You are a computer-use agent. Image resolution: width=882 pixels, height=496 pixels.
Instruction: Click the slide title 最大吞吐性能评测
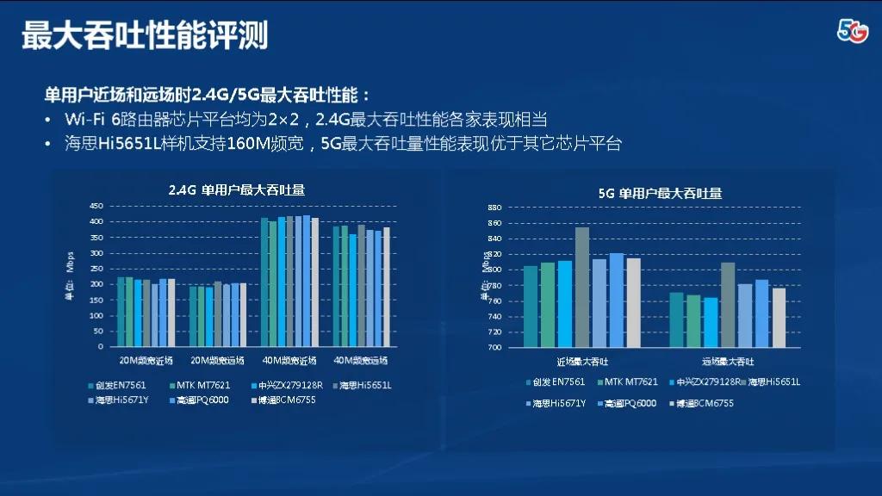145,36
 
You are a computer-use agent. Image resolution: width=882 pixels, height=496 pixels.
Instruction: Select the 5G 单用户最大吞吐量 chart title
660,193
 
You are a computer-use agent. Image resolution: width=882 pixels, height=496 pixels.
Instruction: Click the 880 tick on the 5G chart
494,208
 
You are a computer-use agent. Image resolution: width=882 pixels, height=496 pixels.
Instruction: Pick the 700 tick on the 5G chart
494,348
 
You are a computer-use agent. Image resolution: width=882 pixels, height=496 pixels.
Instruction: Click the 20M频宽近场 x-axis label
146,360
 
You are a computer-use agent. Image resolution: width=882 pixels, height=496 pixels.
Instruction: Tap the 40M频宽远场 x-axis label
360,360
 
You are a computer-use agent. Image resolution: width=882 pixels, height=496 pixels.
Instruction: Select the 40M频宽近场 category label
289,360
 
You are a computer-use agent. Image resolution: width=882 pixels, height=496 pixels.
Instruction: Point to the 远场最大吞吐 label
728,362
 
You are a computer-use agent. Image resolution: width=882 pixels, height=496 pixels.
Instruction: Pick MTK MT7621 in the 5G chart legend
630,381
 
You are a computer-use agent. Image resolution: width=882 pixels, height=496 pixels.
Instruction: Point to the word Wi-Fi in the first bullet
84,119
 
